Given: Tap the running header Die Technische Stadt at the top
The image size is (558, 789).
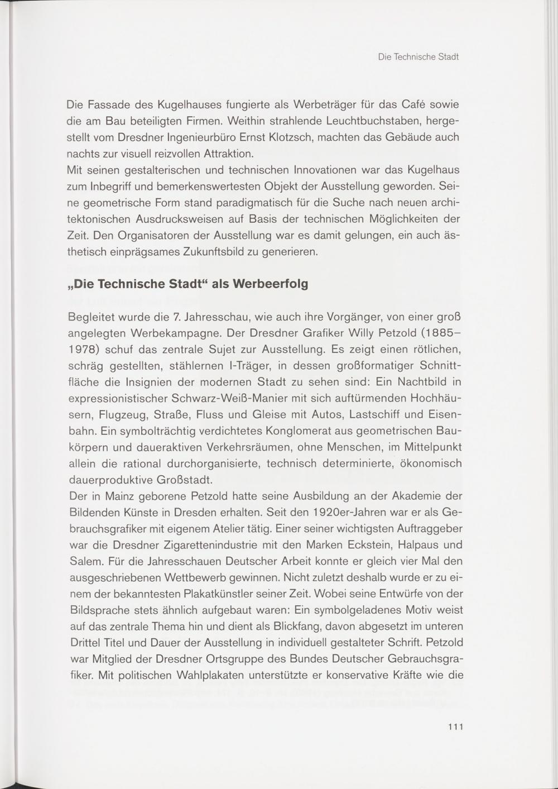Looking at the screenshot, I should (x=418, y=57).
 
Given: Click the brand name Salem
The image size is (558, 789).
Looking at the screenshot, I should (x=84, y=561).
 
